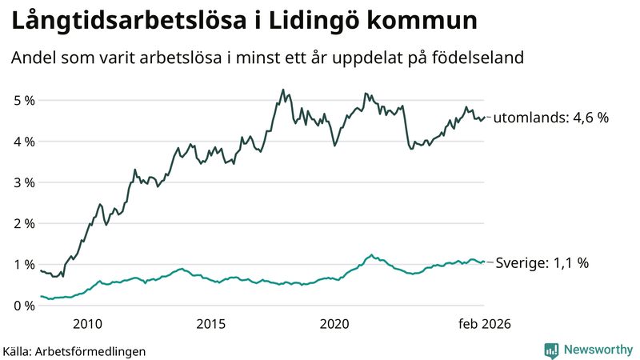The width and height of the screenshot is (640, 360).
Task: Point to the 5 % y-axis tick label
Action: tap(24, 101)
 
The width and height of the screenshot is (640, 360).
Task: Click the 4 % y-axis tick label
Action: tap(24, 142)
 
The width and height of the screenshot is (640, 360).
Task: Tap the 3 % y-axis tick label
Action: tap(24, 182)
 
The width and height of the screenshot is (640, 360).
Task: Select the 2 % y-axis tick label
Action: tap(24, 223)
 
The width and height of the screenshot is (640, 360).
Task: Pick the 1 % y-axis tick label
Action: tap(24, 265)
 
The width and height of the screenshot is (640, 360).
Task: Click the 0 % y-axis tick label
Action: tap(24, 306)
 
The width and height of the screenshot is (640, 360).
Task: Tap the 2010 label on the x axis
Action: tap(87, 324)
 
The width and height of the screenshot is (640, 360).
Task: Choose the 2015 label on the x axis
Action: tap(211, 324)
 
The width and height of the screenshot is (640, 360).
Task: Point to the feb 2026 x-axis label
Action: tap(484, 324)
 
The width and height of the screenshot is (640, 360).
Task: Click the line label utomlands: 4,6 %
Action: tap(550, 118)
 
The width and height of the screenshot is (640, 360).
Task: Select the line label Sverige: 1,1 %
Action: tap(542, 262)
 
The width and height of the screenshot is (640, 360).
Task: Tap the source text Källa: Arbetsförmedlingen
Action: tap(74, 350)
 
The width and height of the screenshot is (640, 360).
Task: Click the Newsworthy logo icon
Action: tap(551, 350)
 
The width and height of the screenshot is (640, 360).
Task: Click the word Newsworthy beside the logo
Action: tap(597, 350)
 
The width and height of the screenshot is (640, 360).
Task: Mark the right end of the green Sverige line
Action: tap(484, 262)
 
